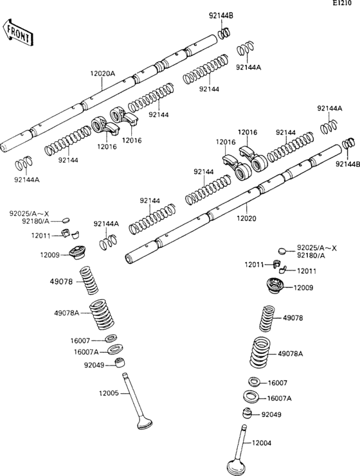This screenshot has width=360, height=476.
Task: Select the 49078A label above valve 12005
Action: [x=67, y=313]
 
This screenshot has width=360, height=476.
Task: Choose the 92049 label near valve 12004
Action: [x=271, y=414]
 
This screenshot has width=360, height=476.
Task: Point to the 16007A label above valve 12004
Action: [x=279, y=398]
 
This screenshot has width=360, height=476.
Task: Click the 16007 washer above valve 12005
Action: [x=111, y=339]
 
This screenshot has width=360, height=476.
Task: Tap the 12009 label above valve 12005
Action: [x=50, y=255]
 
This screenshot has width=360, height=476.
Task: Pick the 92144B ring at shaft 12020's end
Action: [x=349, y=144]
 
